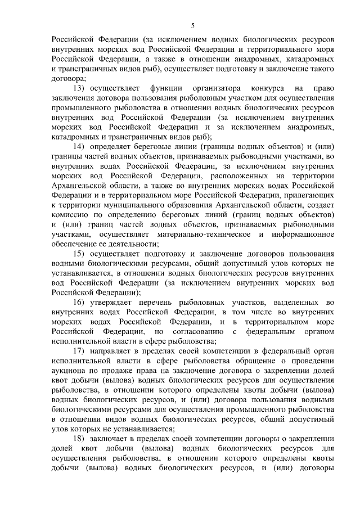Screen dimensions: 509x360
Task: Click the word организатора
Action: [x=216, y=88]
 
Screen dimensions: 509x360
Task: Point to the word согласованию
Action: [x=200, y=332]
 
